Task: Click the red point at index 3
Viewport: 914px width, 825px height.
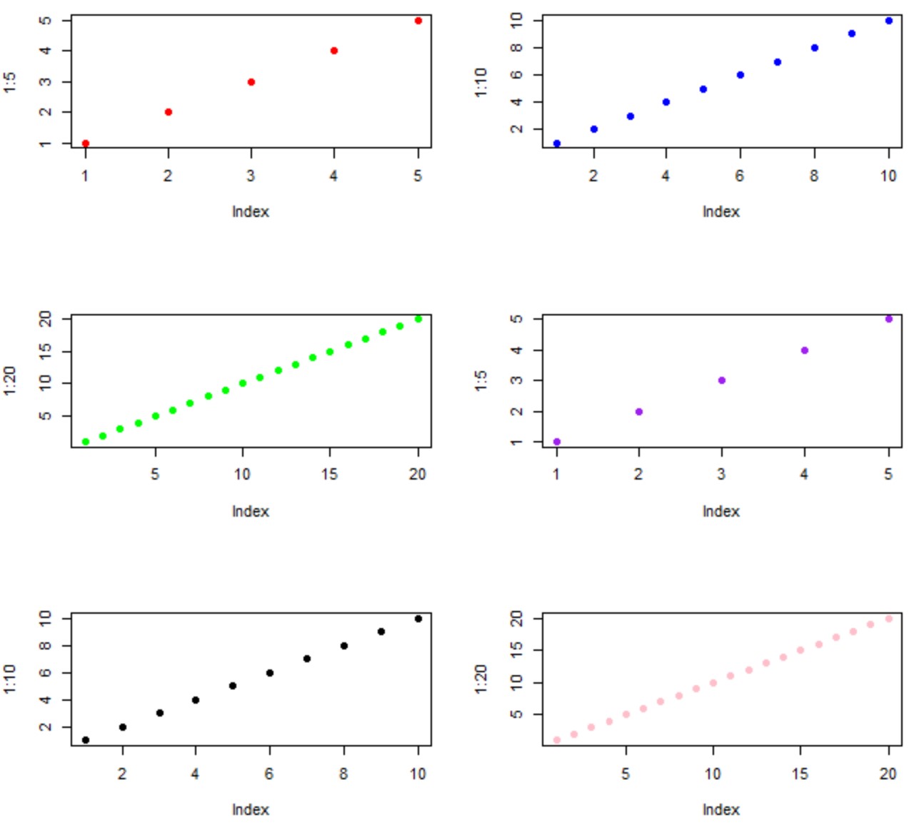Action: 251,82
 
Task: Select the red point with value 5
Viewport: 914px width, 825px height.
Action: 418,21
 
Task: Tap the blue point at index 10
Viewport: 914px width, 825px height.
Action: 889,21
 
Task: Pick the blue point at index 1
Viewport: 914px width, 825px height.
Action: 557,143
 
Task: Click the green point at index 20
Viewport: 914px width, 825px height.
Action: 418,319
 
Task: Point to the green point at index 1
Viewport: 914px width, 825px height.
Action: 86,442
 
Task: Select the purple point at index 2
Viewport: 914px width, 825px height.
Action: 639,412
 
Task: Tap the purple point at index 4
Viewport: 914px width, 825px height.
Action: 805,350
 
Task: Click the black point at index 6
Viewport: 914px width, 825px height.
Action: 270,673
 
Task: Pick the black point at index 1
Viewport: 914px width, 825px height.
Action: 86,740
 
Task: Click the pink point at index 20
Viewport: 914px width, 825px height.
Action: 889,619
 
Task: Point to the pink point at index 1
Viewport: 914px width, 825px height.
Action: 557,740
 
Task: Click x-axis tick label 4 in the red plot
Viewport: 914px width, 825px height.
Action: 333,176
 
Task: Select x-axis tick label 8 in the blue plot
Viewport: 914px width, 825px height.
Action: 814,176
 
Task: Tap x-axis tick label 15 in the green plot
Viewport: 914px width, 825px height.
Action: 329,474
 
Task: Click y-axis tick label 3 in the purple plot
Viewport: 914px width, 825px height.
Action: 516,380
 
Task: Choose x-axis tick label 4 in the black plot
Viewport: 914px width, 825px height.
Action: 195,774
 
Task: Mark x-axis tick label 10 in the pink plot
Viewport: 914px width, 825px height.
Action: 713,774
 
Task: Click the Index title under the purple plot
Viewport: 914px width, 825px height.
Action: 721,512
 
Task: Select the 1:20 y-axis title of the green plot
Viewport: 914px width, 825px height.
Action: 10,380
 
